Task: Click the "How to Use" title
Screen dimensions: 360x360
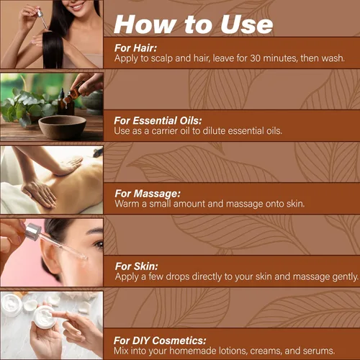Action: [193, 24]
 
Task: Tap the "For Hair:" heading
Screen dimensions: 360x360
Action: [135, 48]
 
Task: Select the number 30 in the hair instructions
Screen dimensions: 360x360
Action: [255, 58]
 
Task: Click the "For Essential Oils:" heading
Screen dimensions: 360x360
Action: [158, 121]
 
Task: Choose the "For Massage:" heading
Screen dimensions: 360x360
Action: [148, 194]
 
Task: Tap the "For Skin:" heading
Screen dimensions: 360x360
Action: [137, 266]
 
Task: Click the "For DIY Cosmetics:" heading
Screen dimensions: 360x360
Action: [160, 341]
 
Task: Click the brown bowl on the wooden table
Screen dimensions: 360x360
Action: [62, 127]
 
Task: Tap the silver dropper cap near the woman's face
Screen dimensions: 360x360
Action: [33, 231]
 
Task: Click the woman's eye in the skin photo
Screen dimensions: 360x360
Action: [99, 245]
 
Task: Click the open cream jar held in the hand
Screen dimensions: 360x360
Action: [45, 317]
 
